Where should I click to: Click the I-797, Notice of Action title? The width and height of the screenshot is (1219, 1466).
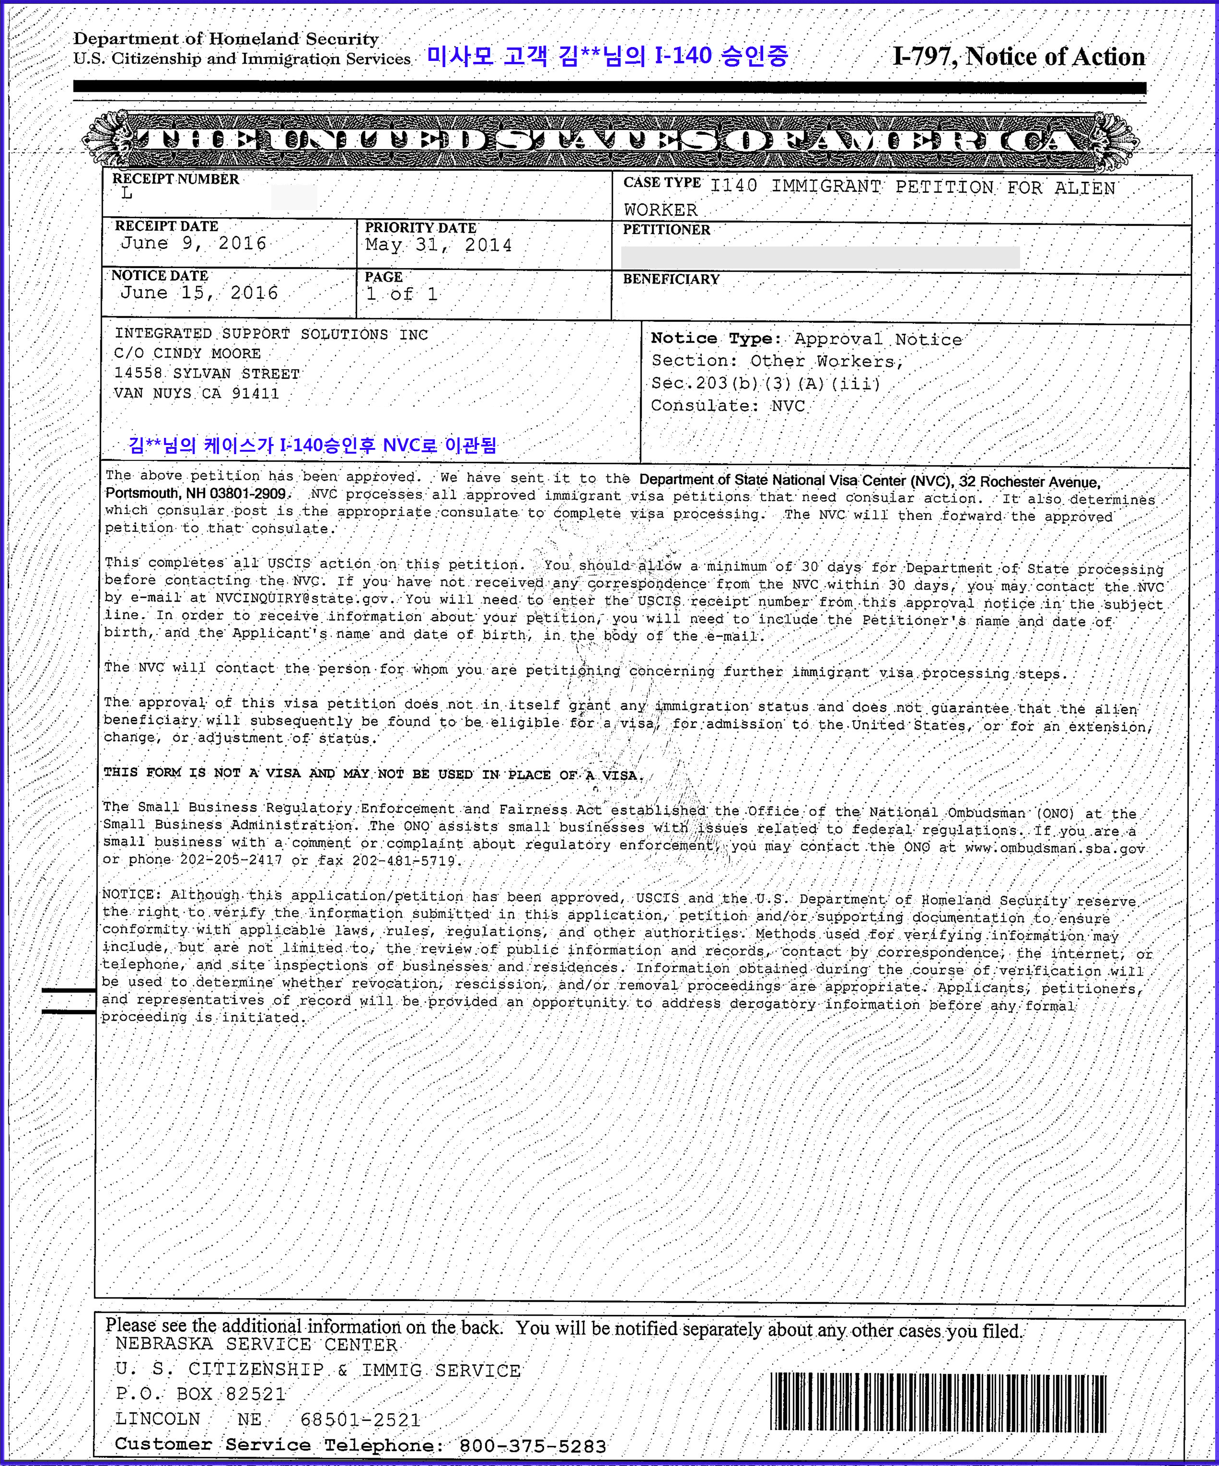click(1018, 57)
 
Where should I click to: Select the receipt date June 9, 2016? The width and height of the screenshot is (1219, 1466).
click(193, 244)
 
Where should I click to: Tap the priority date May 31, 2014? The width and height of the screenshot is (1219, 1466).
click(438, 245)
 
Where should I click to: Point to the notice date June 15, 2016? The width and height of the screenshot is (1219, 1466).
click(199, 293)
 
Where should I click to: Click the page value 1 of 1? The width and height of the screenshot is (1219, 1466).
click(402, 294)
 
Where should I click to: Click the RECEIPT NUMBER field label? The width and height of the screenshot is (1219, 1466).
click(176, 179)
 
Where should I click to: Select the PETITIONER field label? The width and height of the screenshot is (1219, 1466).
click(666, 230)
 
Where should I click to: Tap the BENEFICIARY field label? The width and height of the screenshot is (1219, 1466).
click(671, 279)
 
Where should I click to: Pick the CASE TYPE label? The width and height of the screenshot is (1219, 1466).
click(662, 183)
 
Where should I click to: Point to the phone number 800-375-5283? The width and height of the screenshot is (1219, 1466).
click(533, 1446)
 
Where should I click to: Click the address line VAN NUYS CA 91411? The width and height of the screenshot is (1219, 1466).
click(197, 394)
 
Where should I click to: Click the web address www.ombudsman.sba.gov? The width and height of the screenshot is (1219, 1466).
click(1054, 849)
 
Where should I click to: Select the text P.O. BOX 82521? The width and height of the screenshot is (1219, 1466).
click(201, 1395)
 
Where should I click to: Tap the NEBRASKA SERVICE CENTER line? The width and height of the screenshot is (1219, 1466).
click(256, 1345)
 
